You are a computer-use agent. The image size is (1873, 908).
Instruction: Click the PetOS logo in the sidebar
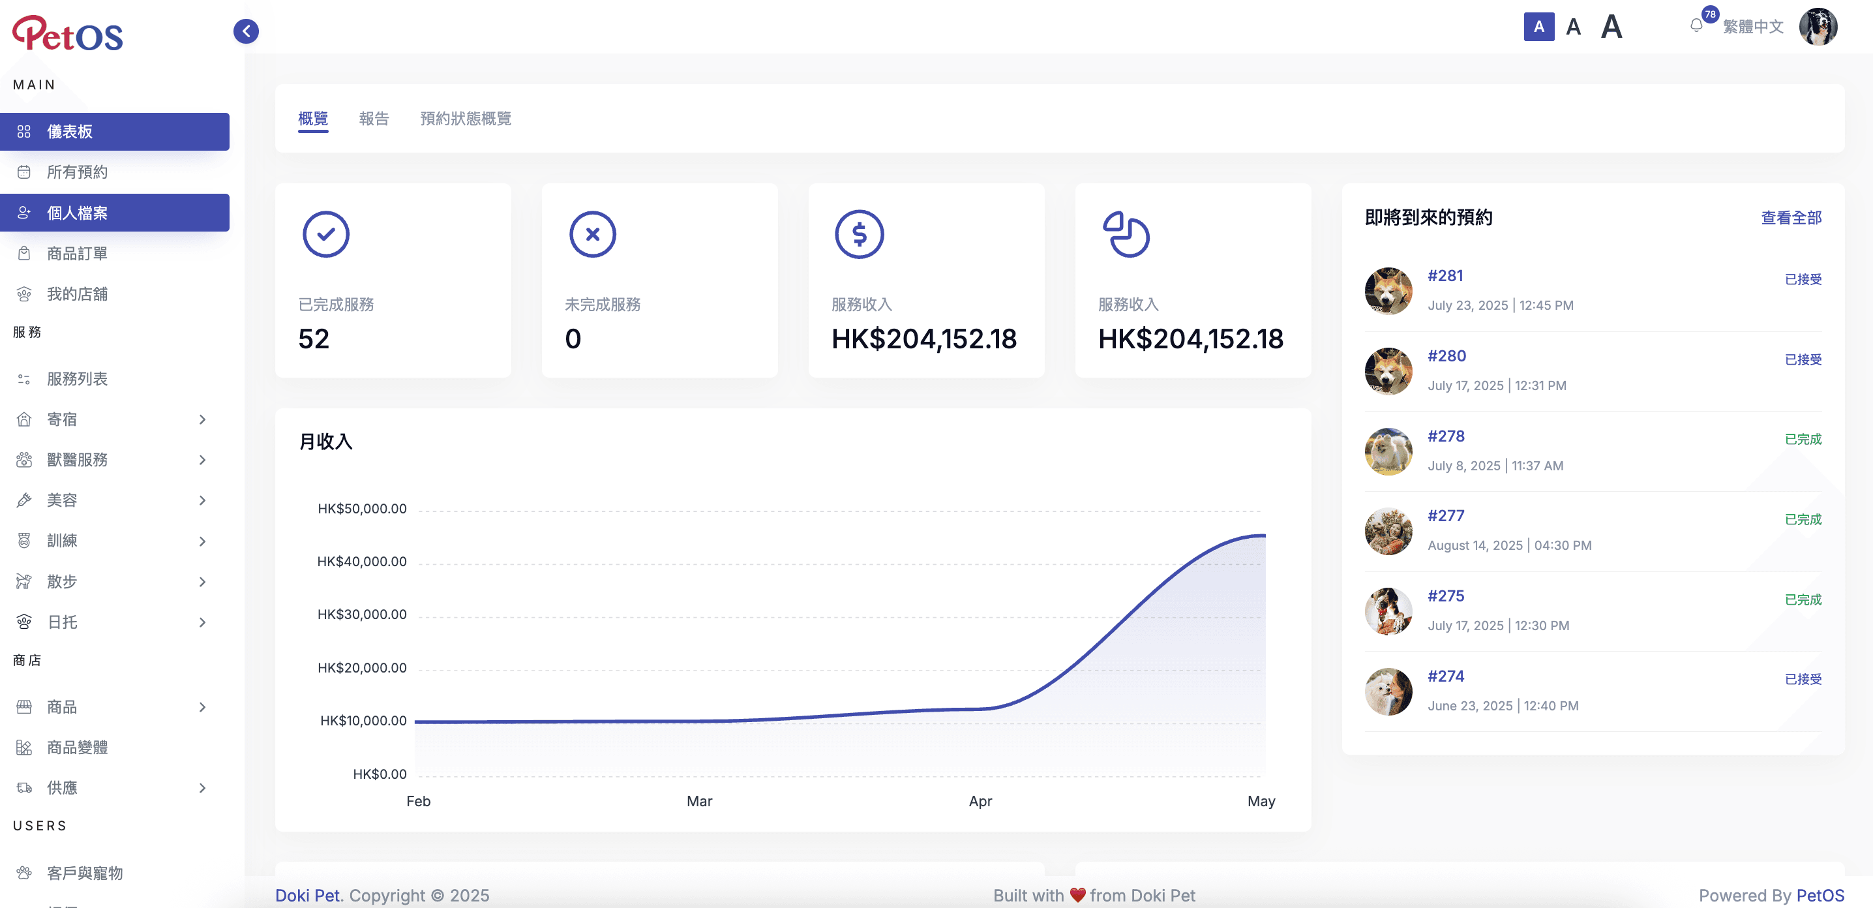[x=68, y=33]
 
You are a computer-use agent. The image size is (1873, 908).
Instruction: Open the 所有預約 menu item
[x=77, y=172]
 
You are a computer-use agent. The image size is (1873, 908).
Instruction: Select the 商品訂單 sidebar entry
[x=77, y=253]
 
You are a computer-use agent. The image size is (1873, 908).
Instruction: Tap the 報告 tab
[x=374, y=119]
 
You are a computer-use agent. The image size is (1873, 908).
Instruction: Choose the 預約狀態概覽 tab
[x=466, y=119]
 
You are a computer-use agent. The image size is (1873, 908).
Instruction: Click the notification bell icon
[x=1696, y=26]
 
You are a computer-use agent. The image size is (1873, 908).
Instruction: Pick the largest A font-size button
[x=1611, y=27]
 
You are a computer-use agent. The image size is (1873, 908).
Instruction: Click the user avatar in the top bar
[x=1818, y=27]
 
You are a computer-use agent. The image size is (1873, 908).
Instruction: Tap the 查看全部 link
[x=1791, y=217]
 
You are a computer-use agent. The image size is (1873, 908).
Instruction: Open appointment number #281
[x=1445, y=275]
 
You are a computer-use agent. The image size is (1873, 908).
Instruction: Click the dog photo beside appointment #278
[x=1388, y=451]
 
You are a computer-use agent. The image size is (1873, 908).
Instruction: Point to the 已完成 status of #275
[x=1803, y=599]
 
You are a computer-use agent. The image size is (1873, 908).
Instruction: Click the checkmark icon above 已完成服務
[x=325, y=234]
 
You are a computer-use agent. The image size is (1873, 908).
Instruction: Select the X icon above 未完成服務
[x=593, y=234]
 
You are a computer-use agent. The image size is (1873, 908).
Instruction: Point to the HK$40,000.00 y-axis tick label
[x=361, y=561]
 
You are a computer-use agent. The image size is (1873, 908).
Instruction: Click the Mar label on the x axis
[x=698, y=801]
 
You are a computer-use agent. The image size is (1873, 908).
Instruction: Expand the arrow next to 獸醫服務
[x=202, y=459]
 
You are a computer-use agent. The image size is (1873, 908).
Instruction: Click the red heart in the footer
[x=1077, y=895]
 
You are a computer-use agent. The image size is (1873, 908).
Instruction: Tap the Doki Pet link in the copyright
[x=307, y=895]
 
